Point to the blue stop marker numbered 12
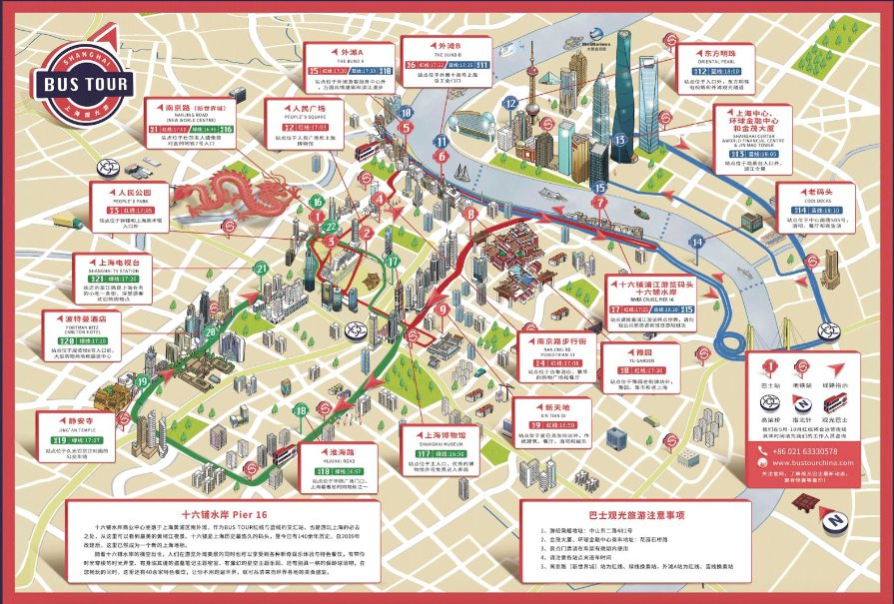click(510, 103)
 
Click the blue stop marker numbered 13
click(619, 141)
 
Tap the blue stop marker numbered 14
click(697, 241)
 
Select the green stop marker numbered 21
click(261, 268)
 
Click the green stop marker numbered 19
click(142, 381)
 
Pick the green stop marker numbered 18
click(300, 409)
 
